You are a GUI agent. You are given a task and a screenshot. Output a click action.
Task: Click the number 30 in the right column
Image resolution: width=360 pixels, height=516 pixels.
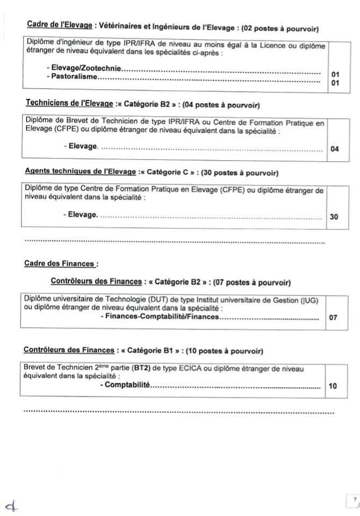click(334, 217)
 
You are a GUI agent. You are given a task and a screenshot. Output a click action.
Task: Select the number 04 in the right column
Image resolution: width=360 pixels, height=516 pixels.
click(335, 149)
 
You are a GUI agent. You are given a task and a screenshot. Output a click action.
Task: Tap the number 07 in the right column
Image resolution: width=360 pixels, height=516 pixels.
click(333, 318)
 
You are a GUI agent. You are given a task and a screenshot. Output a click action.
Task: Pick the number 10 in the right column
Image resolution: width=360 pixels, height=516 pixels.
click(332, 386)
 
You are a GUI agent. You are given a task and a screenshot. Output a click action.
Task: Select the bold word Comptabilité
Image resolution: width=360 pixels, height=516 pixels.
click(127, 385)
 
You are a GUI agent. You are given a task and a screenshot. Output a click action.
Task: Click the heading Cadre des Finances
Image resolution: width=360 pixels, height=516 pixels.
click(62, 263)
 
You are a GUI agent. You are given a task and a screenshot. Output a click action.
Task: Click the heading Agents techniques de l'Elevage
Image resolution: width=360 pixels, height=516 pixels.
click(81, 173)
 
